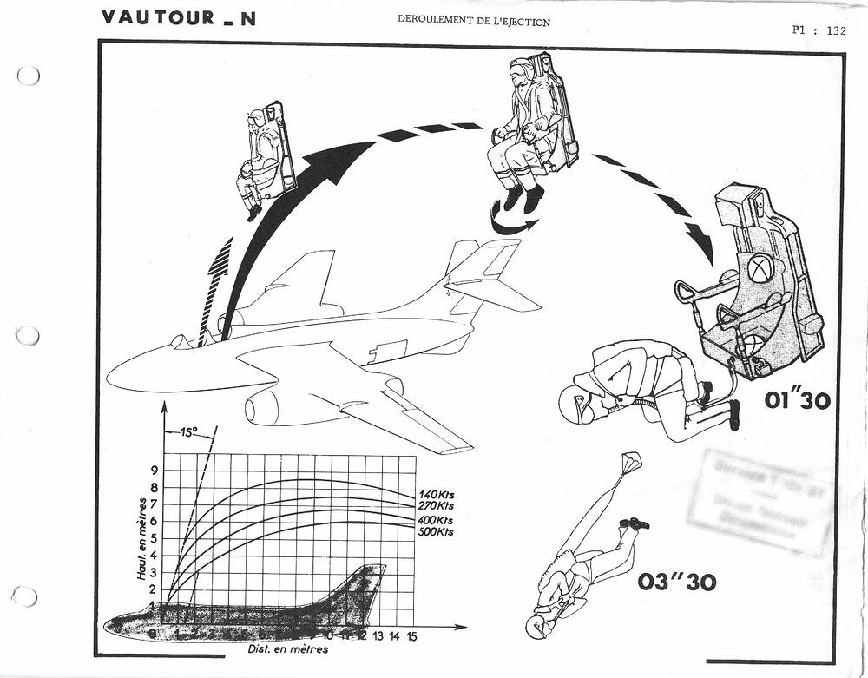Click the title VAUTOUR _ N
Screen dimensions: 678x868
coord(178,17)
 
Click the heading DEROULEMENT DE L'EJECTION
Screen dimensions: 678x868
coord(473,22)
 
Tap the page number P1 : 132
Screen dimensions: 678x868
coord(818,30)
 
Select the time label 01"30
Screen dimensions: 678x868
coord(797,401)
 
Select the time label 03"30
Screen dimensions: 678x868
coord(677,582)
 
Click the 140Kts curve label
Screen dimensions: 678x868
coord(435,493)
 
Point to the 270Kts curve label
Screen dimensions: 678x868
coord(435,505)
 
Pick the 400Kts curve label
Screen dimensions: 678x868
coord(435,519)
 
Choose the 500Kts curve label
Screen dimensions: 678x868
coord(435,531)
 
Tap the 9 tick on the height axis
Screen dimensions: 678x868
coord(155,471)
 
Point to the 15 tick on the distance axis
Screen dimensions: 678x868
coord(411,636)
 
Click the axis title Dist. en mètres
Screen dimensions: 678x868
coord(286,649)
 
